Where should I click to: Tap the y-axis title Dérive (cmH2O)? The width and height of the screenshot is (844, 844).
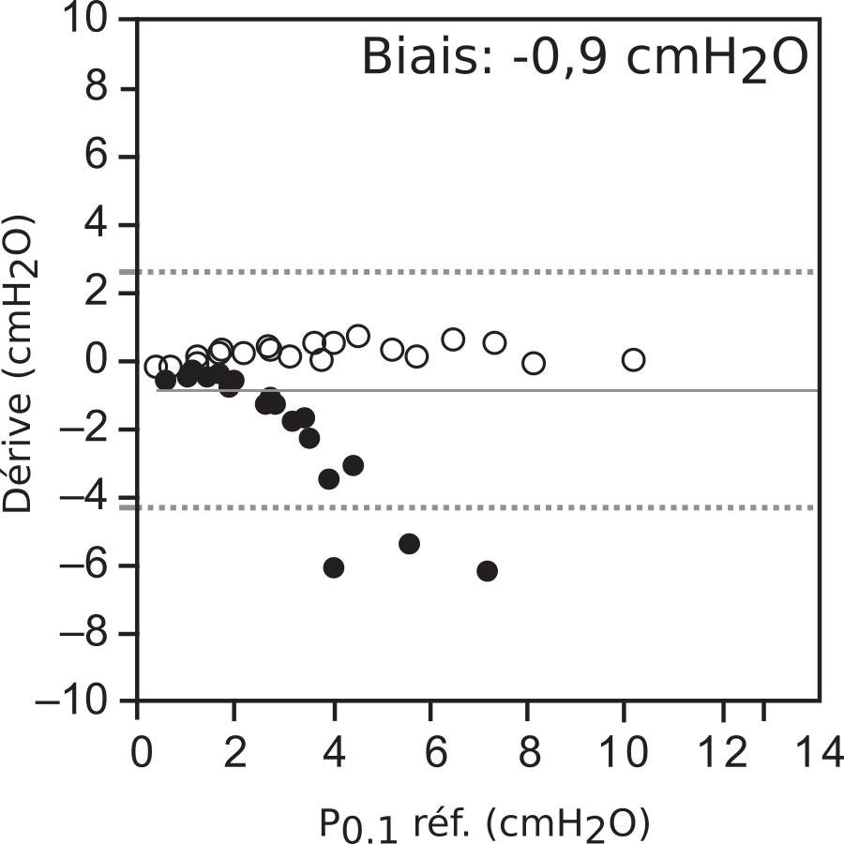pyautogui.click(x=20, y=363)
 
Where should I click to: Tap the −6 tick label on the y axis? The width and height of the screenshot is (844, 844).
pyautogui.click(x=88, y=566)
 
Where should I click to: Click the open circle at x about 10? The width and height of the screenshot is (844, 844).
pyautogui.click(x=634, y=359)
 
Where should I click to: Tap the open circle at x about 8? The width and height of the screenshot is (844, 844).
pyautogui.click(x=534, y=363)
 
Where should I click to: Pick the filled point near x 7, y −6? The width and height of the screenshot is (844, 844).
pyautogui.click(x=487, y=571)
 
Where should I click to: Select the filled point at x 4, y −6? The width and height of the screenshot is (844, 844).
pyautogui.click(x=334, y=567)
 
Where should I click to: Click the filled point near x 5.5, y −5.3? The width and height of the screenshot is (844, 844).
pyautogui.click(x=409, y=544)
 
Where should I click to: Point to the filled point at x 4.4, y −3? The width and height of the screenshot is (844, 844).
pyautogui.click(x=354, y=465)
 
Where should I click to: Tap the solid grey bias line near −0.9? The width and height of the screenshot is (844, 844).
pyautogui.click(x=563, y=389)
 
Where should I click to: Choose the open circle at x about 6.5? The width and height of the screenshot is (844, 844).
pyautogui.click(x=454, y=339)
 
